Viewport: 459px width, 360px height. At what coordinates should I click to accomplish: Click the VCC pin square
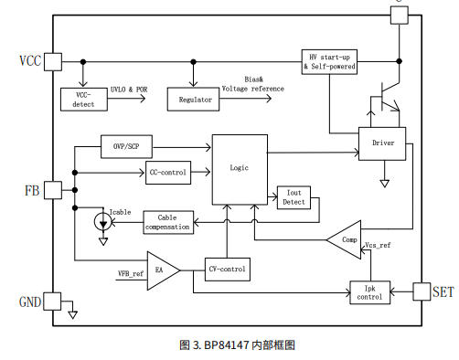click(x=53, y=62)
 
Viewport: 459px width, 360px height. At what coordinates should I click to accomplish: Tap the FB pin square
click(x=53, y=190)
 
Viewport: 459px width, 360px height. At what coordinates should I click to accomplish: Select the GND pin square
click(x=52, y=302)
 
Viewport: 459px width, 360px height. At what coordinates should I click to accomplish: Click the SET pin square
click(x=422, y=291)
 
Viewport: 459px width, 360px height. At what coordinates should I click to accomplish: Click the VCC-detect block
click(x=84, y=100)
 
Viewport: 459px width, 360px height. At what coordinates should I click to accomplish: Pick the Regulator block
click(x=193, y=100)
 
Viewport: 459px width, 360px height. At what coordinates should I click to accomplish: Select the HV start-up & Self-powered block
click(x=329, y=62)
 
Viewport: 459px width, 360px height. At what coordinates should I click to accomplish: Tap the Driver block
click(x=382, y=143)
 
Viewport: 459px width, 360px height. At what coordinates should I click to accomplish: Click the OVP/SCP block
click(x=126, y=146)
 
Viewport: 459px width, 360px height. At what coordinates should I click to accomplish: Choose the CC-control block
click(x=168, y=173)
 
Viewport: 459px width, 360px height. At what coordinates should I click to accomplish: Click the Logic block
click(x=240, y=170)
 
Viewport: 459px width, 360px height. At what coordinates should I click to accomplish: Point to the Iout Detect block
click(x=294, y=197)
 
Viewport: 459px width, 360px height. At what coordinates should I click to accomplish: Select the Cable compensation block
click(x=168, y=222)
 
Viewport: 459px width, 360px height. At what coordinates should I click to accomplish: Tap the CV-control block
click(x=228, y=270)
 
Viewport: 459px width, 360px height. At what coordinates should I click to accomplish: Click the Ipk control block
click(x=370, y=292)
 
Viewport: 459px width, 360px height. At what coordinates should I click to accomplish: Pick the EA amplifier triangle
click(x=162, y=270)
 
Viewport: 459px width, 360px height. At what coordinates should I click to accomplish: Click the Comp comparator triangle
click(x=346, y=239)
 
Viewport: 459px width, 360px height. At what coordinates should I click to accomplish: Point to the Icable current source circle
click(x=103, y=222)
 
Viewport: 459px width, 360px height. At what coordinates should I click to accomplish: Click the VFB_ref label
click(x=131, y=273)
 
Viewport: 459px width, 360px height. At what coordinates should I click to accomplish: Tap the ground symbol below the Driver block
click(x=384, y=184)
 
